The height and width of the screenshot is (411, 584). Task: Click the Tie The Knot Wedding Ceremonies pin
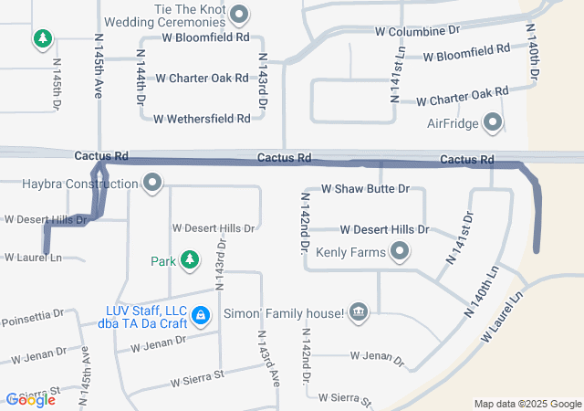pyautogui.click(x=240, y=14)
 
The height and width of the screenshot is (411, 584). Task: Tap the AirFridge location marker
pyautogui.click(x=493, y=122)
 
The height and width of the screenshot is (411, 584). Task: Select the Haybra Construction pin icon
pyautogui.click(x=152, y=184)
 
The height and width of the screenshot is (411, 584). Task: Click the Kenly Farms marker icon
pyautogui.click(x=399, y=250)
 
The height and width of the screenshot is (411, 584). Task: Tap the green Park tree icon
pyautogui.click(x=190, y=261)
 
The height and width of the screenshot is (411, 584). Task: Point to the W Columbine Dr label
pyautogui.click(x=417, y=30)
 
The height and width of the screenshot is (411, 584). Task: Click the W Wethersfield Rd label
pyautogui.click(x=202, y=119)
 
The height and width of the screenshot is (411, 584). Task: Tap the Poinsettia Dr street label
pyautogui.click(x=32, y=317)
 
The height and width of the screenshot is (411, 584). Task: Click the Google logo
pyautogui.click(x=30, y=399)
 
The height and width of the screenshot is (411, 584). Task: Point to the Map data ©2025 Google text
pyautogui.click(x=527, y=404)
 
